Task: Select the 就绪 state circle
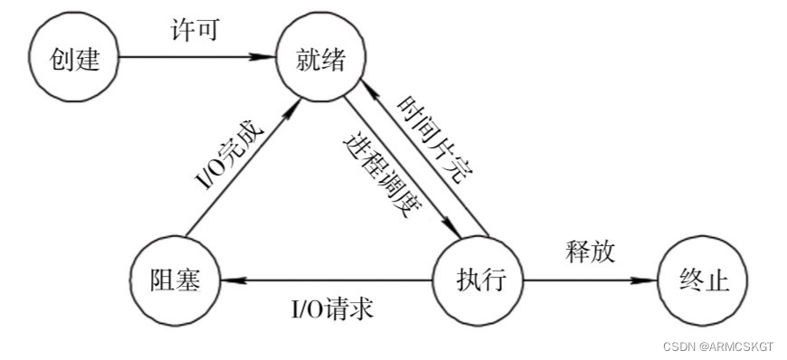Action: [321, 59]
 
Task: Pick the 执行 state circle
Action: [478, 279]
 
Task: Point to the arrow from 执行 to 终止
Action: [588, 279]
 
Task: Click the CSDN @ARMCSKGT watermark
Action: [718, 346]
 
